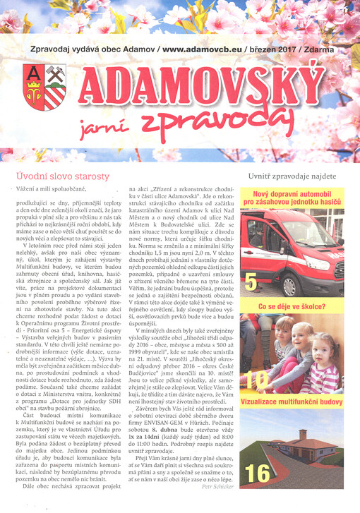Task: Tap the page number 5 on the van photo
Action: (251, 284)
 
